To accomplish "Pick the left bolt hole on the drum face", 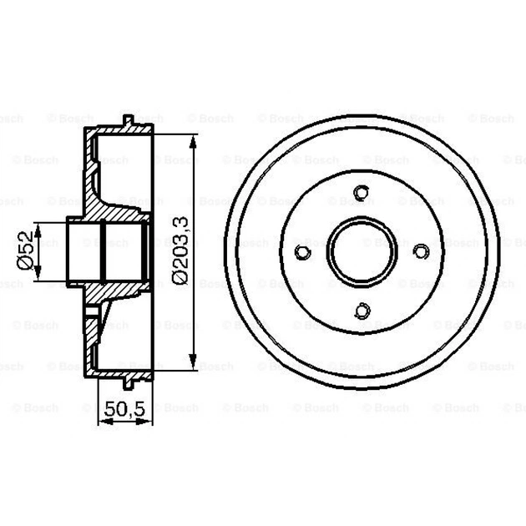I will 303,251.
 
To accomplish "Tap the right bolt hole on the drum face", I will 421,250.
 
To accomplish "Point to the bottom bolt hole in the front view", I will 362,311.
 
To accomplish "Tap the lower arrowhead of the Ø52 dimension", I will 40,278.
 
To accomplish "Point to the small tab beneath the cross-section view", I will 129,382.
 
